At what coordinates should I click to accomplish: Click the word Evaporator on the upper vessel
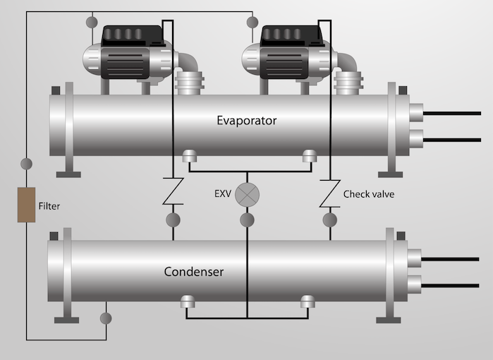[x=246, y=120]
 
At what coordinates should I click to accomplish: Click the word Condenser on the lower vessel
[x=194, y=271]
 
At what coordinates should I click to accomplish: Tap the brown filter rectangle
[x=27, y=205]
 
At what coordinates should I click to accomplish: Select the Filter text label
[x=49, y=207]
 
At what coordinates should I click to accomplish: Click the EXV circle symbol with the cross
[x=247, y=194]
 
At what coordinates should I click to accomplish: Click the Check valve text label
[x=368, y=193]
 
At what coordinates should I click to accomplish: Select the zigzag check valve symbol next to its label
[x=328, y=193]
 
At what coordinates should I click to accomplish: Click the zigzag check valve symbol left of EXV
[x=173, y=192]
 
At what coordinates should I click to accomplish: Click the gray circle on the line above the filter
[x=26, y=164]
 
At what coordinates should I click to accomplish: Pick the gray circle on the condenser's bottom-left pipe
[x=106, y=318]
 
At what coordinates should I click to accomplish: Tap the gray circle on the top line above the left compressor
[x=92, y=23]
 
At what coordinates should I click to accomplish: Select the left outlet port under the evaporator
[x=188, y=157]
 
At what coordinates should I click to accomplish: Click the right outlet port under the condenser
[x=307, y=302]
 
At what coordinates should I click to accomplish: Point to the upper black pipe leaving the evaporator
[x=451, y=113]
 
